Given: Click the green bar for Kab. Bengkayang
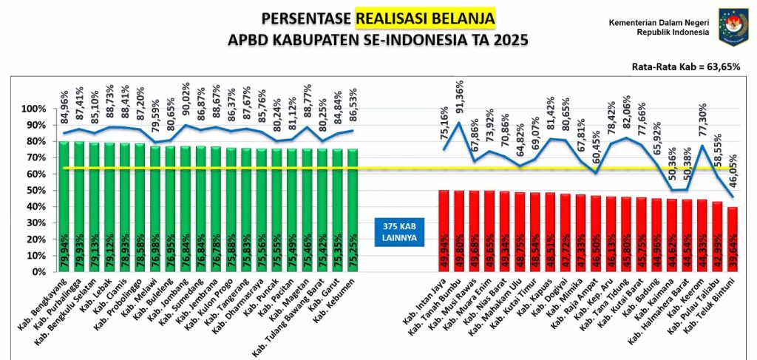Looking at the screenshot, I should point(65,207).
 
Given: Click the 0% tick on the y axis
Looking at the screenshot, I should point(35,271).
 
